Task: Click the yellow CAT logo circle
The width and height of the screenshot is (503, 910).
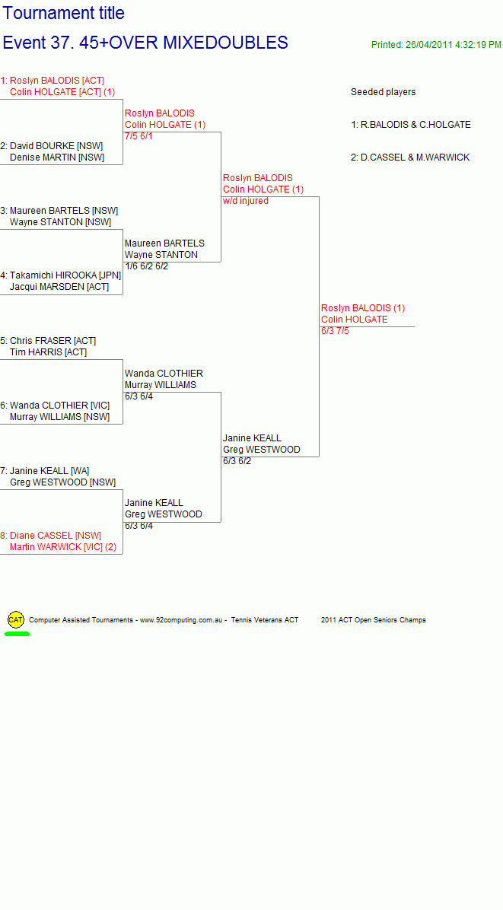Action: tap(16, 620)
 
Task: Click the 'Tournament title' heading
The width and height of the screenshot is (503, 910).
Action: tap(64, 13)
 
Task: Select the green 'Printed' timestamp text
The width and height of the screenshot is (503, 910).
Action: tap(436, 45)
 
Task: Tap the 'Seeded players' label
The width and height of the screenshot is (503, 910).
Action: tap(383, 92)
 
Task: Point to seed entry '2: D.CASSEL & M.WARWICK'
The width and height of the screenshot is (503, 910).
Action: tap(410, 157)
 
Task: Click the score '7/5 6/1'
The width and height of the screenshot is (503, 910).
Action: tap(138, 136)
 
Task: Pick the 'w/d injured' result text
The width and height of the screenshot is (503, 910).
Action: tap(245, 201)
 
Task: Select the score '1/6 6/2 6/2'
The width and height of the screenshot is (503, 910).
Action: tap(146, 266)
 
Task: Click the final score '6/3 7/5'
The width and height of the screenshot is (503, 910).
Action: tap(335, 332)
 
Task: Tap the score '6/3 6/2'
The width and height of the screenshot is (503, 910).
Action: tap(237, 461)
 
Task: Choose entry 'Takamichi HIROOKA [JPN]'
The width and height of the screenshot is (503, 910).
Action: tap(65, 275)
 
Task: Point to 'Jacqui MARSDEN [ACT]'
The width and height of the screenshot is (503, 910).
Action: tap(59, 287)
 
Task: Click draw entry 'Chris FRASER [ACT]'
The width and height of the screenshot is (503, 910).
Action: tap(53, 341)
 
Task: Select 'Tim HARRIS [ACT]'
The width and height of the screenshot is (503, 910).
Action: tap(48, 352)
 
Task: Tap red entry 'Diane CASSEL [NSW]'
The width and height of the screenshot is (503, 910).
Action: tap(55, 535)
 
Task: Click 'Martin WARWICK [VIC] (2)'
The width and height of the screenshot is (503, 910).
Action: tap(62, 547)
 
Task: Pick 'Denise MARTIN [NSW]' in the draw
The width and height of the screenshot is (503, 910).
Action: tap(57, 157)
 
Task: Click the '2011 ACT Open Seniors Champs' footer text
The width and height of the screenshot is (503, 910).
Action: tap(373, 620)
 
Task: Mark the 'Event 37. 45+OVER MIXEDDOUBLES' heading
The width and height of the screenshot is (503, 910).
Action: tap(145, 43)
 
